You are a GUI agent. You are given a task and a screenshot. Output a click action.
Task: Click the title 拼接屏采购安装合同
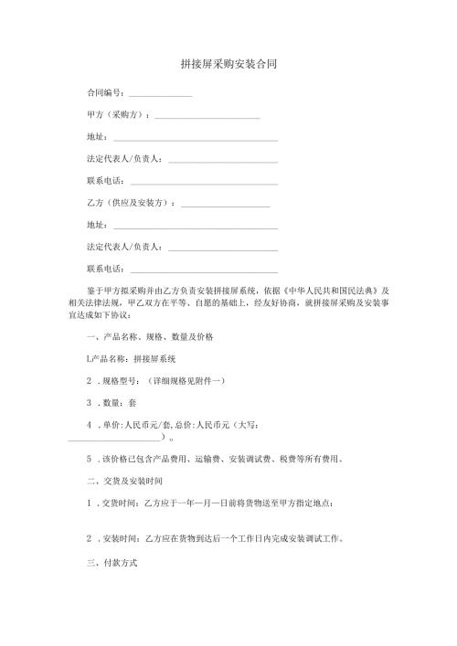(228, 65)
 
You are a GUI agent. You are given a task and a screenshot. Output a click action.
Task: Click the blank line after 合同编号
(160, 94)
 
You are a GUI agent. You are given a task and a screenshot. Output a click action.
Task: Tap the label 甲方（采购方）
(117, 115)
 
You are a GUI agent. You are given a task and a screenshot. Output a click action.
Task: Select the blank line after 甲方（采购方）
(207, 116)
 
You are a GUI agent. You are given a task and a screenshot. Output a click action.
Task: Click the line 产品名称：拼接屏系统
(136, 359)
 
